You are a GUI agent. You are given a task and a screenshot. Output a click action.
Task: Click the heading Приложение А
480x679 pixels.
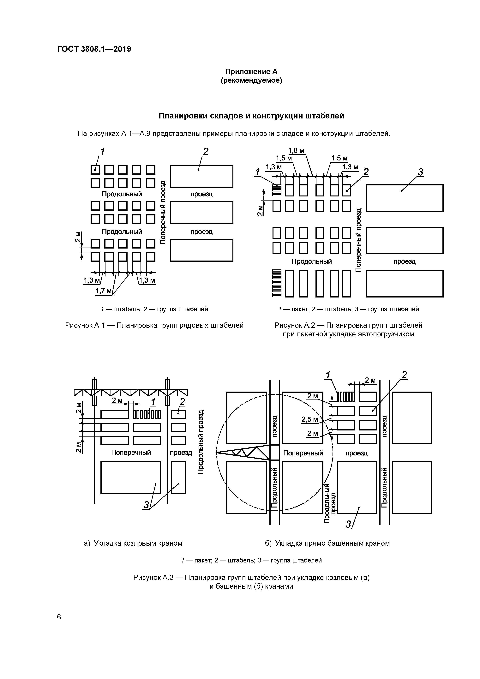pos(251,72)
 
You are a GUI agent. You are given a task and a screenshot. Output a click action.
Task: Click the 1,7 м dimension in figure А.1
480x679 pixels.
pos(103,291)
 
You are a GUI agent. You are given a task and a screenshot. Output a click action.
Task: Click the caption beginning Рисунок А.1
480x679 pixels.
pos(154,326)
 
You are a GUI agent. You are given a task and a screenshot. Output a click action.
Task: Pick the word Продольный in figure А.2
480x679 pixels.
pos(312,261)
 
